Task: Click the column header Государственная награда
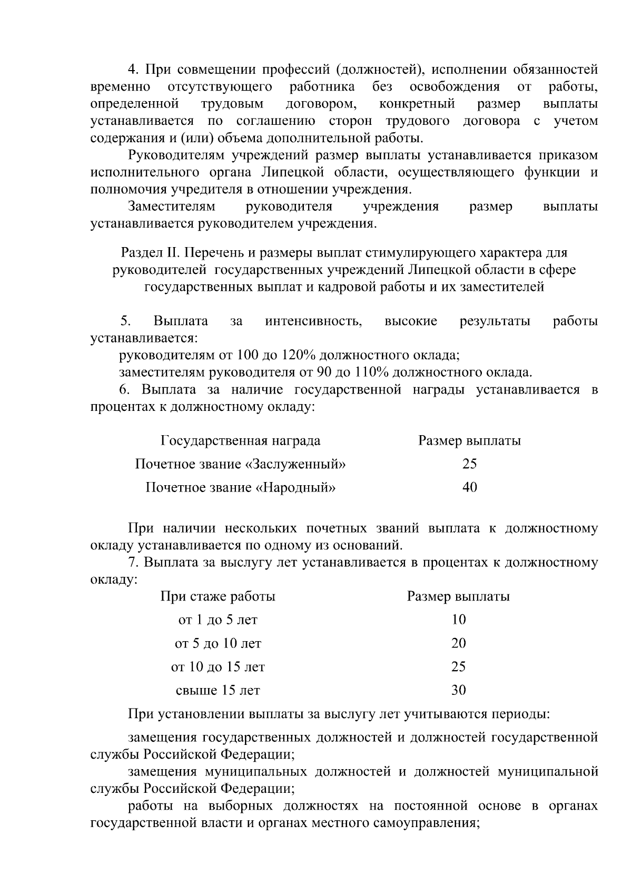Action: point(240,440)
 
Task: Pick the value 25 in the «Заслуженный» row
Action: point(469,464)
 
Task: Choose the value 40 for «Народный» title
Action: point(469,487)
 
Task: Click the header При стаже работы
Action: point(218,596)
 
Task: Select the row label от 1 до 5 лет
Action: point(218,620)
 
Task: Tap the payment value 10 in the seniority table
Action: point(458,620)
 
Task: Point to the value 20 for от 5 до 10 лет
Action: point(458,643)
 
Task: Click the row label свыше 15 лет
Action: point(218,690)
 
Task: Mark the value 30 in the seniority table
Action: point(458,690)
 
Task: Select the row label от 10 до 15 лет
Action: point(218,667)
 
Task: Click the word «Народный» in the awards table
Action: point(296,487)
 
